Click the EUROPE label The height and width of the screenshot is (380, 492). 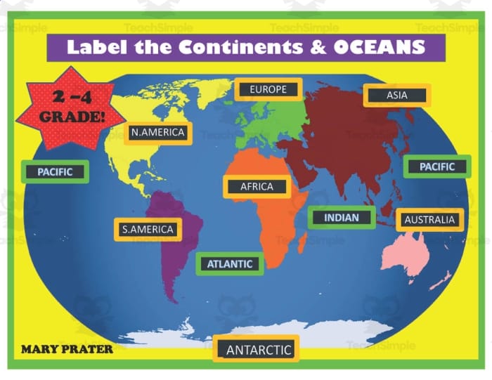point(268,89)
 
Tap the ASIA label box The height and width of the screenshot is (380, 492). point(396,96)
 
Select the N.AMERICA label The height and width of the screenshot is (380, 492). point(157,133)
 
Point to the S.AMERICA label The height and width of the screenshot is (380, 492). point(148,229)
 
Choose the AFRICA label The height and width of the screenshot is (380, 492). point(257,187)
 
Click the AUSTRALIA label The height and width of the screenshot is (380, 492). point(429,220)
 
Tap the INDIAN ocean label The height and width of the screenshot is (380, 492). point(342,218)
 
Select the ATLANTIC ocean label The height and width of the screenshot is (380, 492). point(229,264)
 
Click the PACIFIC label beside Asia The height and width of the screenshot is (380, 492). point(437,166)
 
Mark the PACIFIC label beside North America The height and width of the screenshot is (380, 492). point(55,171)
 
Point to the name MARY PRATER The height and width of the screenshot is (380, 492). point(67,348)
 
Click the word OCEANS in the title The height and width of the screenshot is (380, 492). point(379,47)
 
